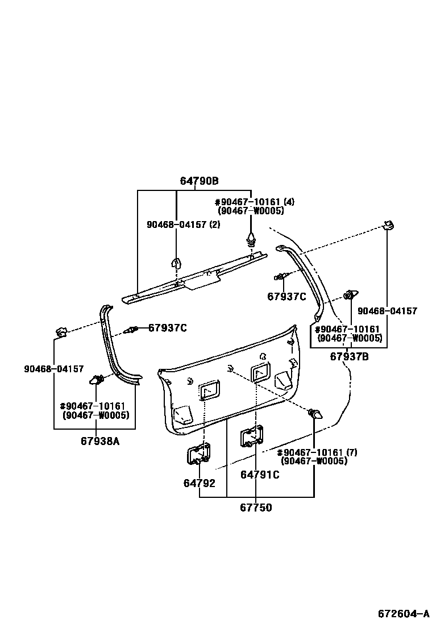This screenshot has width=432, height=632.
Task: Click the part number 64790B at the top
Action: coord(199,181)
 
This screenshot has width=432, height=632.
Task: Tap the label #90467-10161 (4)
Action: coord(254,202)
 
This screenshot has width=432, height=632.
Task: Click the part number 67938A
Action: coord(100,440)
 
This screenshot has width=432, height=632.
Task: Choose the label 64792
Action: coord(199,483)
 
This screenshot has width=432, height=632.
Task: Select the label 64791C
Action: coord(260,475)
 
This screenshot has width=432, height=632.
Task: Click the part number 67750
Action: coord(255,508)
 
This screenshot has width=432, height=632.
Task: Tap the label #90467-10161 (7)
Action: coord(317,452)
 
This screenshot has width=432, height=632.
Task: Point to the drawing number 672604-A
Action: coord(404,614)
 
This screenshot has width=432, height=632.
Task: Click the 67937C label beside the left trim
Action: coord(167,328)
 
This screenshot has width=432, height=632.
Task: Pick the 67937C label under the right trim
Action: coord(286,296)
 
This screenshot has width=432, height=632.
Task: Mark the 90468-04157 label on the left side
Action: coord(53,369)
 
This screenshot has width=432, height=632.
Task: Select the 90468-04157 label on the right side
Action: coord(387,311)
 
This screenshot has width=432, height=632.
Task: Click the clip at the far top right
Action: coord(388,226)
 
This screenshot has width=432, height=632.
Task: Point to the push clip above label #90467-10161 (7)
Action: coord(314,414)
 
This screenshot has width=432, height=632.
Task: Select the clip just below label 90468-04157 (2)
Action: coord(176,263)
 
